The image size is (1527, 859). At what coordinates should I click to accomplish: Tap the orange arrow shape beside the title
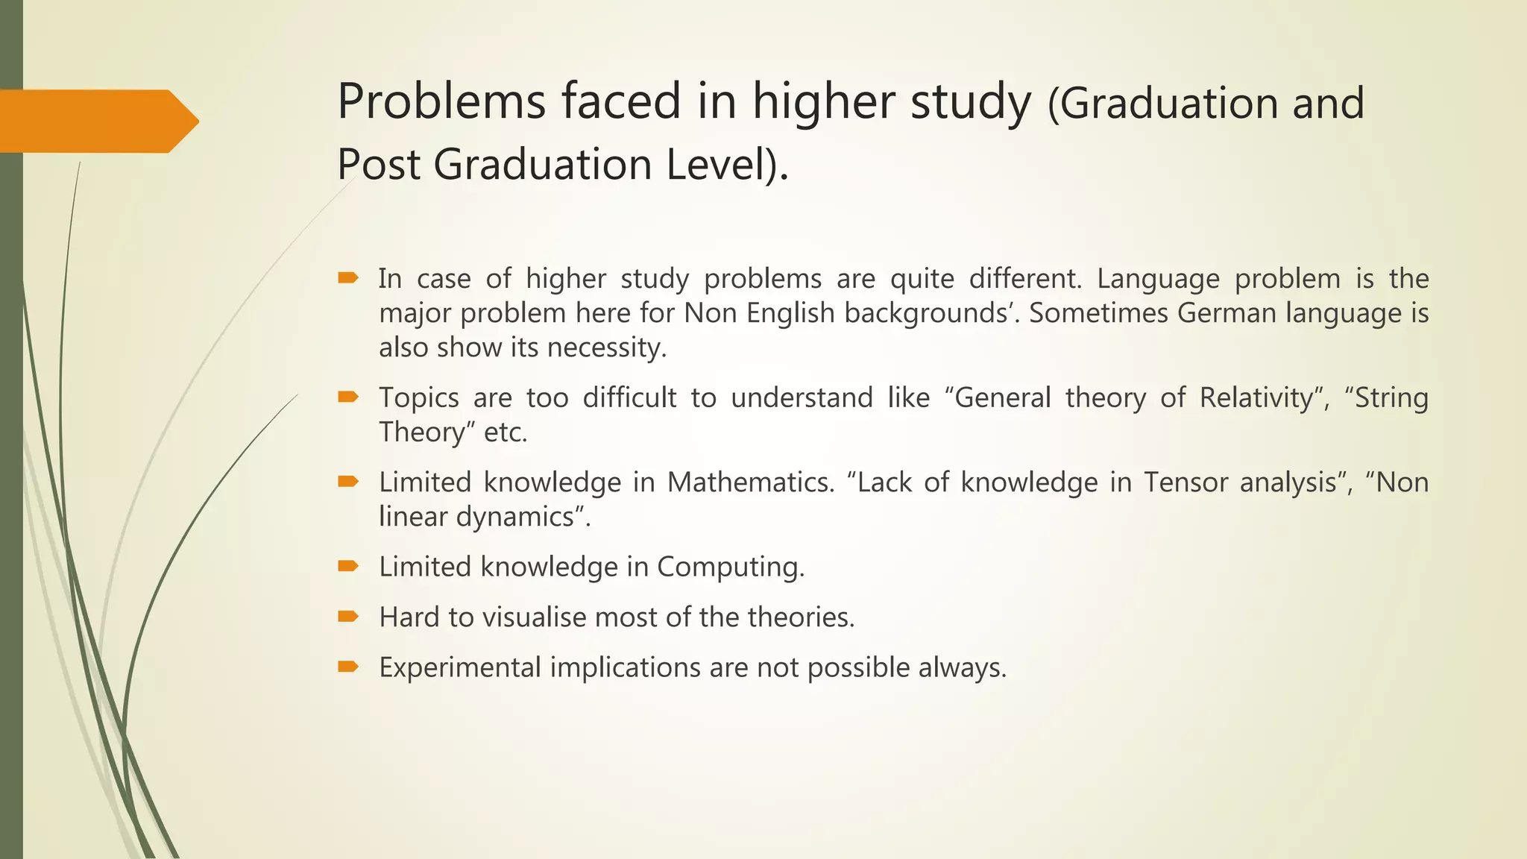pyautogui.click(x=97, y=121)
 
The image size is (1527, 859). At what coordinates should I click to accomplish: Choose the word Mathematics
pyautogui.click(x=750, y=482)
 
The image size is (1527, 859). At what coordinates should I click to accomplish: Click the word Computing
pyautogui.click(x=730, y=567)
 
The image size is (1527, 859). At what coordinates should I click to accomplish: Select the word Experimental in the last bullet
pyautogui.click(x=459, y=667)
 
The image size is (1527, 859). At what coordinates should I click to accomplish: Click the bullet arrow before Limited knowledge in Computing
pyautogui.click(x=348, y=567)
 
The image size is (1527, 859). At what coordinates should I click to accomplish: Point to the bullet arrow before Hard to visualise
pyautogui.click(x=348, y=617)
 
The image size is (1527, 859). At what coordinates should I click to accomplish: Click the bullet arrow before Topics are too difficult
pyautogui.click(x=348, y=397)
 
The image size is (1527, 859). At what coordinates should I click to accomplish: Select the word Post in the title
pyautogui.click(x=379, y=165)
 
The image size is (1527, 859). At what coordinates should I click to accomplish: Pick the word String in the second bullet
pyautogui.click(x=1391, y=397)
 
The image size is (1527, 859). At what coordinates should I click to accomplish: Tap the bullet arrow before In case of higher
pyautogui.click(x=348, y=279)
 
